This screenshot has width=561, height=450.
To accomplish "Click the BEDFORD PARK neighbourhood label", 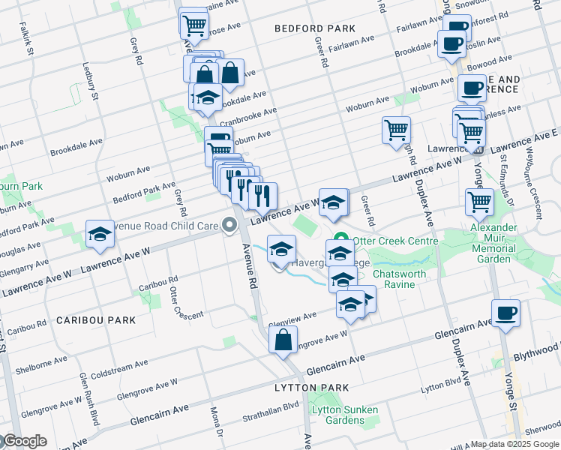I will click(315, 28).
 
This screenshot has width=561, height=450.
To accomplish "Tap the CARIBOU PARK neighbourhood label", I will click(96, 320).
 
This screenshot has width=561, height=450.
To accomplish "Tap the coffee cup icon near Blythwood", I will click(506, 313).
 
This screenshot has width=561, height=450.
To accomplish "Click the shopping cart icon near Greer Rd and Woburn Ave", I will click(395, 129).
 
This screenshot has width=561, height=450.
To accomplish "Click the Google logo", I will click(24, 441).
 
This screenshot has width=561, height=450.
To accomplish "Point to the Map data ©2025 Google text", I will click(514, 444).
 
